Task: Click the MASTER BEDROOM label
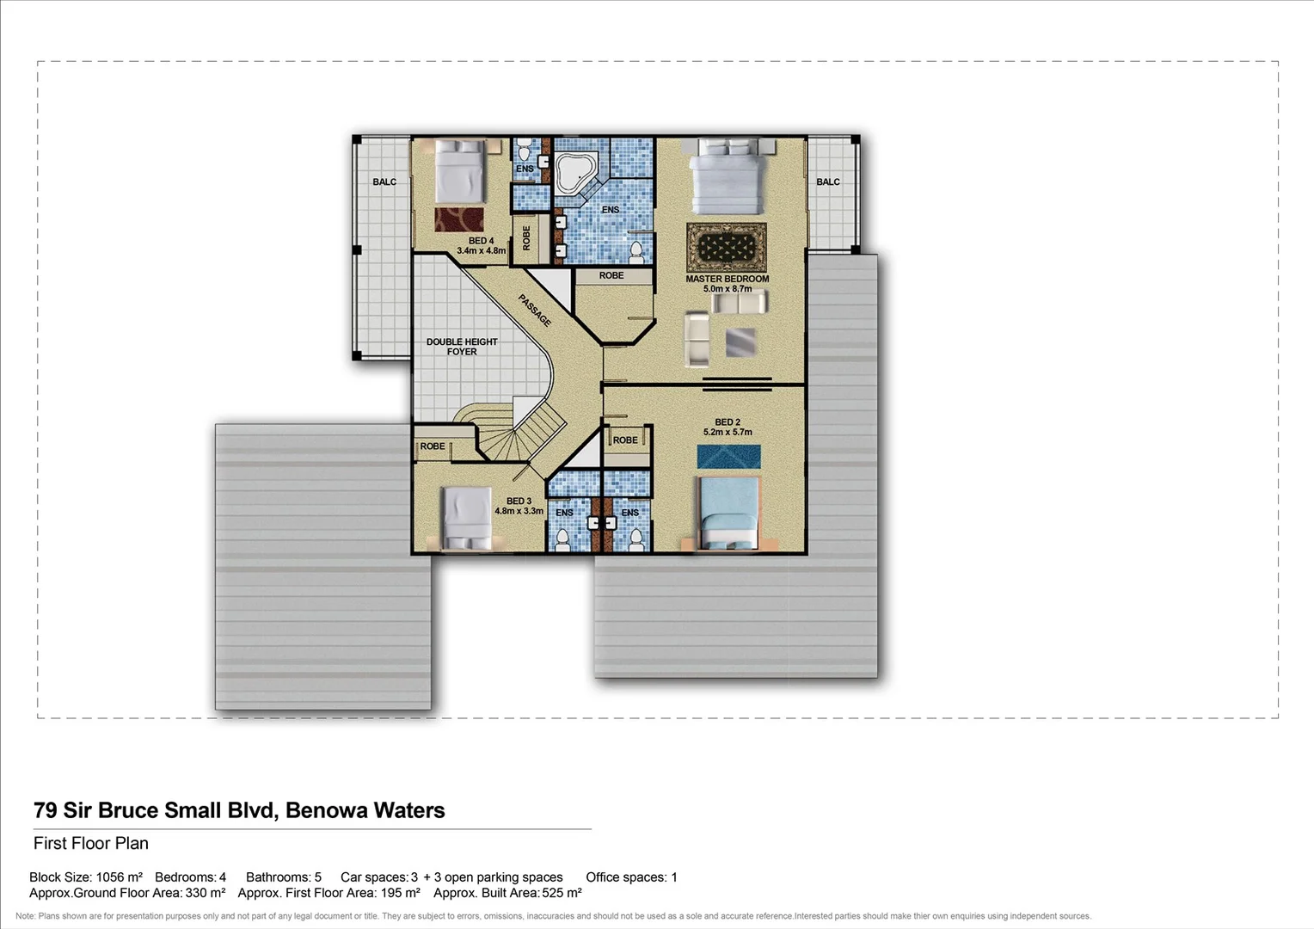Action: coord(727,279)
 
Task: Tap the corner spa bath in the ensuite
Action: coord(574,172)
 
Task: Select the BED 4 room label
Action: coord(481,241)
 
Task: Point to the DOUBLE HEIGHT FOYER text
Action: coord(462,347)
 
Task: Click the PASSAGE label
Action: coord(534,311)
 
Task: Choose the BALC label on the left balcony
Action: coord(384,182)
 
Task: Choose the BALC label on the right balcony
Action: coord(827,182)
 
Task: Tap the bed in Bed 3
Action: coord(467,518)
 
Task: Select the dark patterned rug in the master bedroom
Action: coord(727,247)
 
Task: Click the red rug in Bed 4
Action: coord(458,219)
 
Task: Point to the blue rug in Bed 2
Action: coord(728,457)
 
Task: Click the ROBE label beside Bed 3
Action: coord(433,446)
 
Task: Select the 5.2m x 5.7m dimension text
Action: coord(728,433)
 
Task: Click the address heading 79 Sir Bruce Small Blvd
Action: coord(239,810)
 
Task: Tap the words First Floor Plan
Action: coord(91,844)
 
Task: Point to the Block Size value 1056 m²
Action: coord(119,877)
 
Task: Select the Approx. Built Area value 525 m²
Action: coord(562,893)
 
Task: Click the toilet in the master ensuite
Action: coord(636,251)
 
